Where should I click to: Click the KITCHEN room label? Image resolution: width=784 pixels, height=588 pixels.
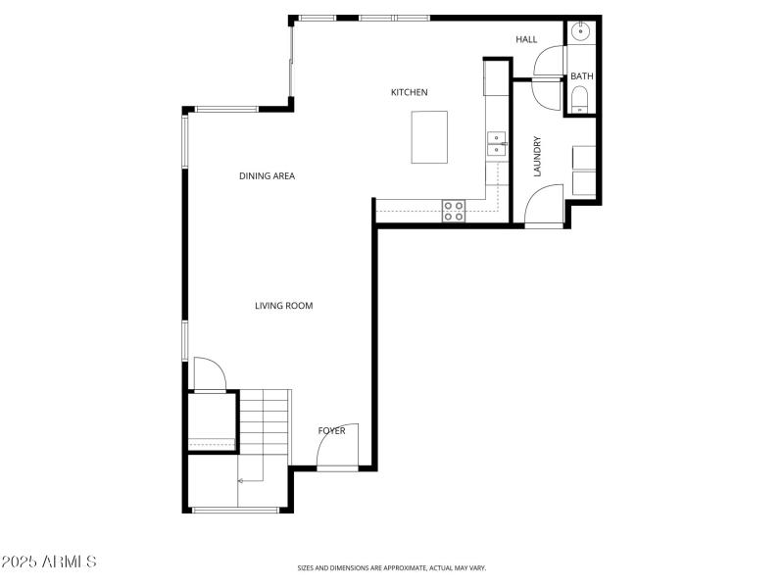[x=409, y=92]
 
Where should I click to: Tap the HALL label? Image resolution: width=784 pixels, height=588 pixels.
[x=527, y=39]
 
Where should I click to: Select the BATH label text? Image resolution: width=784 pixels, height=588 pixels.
[x=582, y=76]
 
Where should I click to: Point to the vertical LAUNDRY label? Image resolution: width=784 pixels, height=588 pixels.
[x=537, y=156]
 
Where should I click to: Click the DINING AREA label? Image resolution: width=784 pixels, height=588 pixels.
[x=267, y=176]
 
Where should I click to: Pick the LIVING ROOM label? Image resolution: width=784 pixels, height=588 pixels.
[x=283, y=306]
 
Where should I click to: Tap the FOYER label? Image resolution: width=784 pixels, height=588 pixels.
[x=331, y=430]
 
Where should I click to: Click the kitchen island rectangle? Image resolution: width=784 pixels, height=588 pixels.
[x=429, y=137]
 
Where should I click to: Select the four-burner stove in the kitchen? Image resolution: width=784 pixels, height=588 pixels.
[x=454, y=211]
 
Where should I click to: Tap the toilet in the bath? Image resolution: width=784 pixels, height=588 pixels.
[x=580, y=98]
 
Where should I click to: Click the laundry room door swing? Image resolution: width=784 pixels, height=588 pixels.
[x=543, y=206]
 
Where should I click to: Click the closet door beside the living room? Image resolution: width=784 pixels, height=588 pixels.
[x=209, y=373]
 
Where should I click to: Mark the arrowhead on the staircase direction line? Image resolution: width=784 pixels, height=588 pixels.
[x=240, y=480]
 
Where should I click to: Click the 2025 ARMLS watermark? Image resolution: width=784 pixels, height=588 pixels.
[x=49, y=562]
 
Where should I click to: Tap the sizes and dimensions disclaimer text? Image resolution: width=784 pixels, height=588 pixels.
[x=392, y=567]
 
